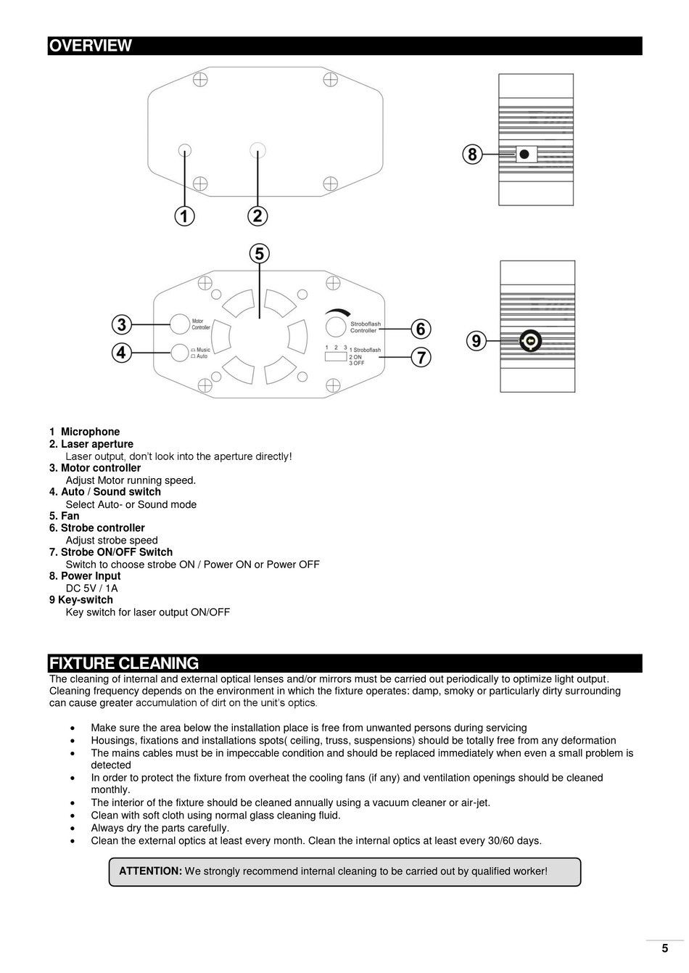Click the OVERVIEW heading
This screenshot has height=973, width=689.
point(91,46)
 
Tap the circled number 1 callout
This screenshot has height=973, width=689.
point(184,215)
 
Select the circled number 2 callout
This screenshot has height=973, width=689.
point(257,215)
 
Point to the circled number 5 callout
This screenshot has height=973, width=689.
point(259,254)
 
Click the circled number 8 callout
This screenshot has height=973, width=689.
point(472,154)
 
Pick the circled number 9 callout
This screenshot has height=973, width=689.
point(475,341)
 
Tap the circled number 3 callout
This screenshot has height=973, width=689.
point(122,324)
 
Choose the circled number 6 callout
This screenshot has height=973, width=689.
point(421,329)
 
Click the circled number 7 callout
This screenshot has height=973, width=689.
point(421,357)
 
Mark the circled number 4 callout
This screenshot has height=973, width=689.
point(122,353)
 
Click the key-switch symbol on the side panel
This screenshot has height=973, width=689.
point(531,341)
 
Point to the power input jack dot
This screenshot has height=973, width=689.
point(523,154)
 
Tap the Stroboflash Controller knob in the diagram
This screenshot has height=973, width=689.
point(335,327)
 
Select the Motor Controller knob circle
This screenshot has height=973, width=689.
point(179,324)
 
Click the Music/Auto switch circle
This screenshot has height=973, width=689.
point(179,353)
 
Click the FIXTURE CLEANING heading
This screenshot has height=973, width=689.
point(124,663)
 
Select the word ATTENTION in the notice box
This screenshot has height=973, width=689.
point(150,871)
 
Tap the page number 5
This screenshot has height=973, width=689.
point(664,948)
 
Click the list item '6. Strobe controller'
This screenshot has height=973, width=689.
point(97,528)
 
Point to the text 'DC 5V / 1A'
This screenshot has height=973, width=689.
point(91,588)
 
